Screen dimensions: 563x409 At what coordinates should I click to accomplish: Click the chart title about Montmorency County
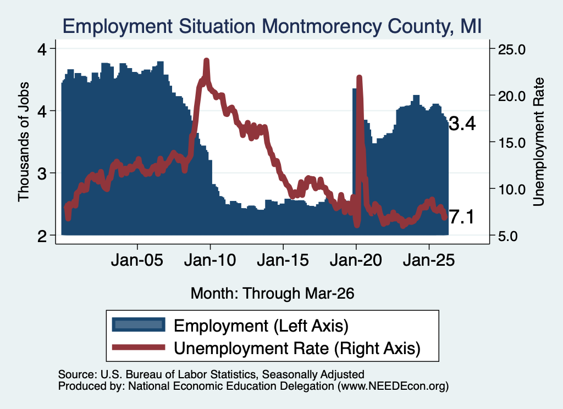coord(272,26)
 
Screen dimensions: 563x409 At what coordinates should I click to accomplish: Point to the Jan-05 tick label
coord(137,260)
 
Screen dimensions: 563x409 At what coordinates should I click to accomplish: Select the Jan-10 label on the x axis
coord(210,260)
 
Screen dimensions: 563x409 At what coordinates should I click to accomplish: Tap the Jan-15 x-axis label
coord(283,260)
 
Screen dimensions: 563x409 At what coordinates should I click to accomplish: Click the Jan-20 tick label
coord(356,260)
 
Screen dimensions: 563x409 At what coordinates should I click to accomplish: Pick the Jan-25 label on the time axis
coord(429,260)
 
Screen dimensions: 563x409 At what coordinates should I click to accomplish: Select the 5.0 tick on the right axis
coord(507,236)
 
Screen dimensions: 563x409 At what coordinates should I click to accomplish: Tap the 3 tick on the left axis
coord(42,173)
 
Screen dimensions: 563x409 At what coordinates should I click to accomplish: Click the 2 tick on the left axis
coord(42,236)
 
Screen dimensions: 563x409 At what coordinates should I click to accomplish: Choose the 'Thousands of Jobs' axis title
coord(23,142)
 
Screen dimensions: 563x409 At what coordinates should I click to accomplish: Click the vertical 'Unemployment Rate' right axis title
coord(539,142)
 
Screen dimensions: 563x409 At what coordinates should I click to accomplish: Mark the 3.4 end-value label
coord(462,124)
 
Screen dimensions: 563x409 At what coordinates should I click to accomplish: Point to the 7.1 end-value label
coord(462,217)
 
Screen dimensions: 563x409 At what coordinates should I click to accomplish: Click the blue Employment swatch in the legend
coord(139,324)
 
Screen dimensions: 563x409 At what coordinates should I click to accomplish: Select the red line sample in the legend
coord(139,347)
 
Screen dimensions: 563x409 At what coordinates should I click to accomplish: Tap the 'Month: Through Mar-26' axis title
coord(272,293)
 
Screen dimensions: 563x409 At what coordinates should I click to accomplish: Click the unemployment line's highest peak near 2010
coord(206,60)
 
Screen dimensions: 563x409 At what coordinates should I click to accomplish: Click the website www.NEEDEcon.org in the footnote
coord(393,386)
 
